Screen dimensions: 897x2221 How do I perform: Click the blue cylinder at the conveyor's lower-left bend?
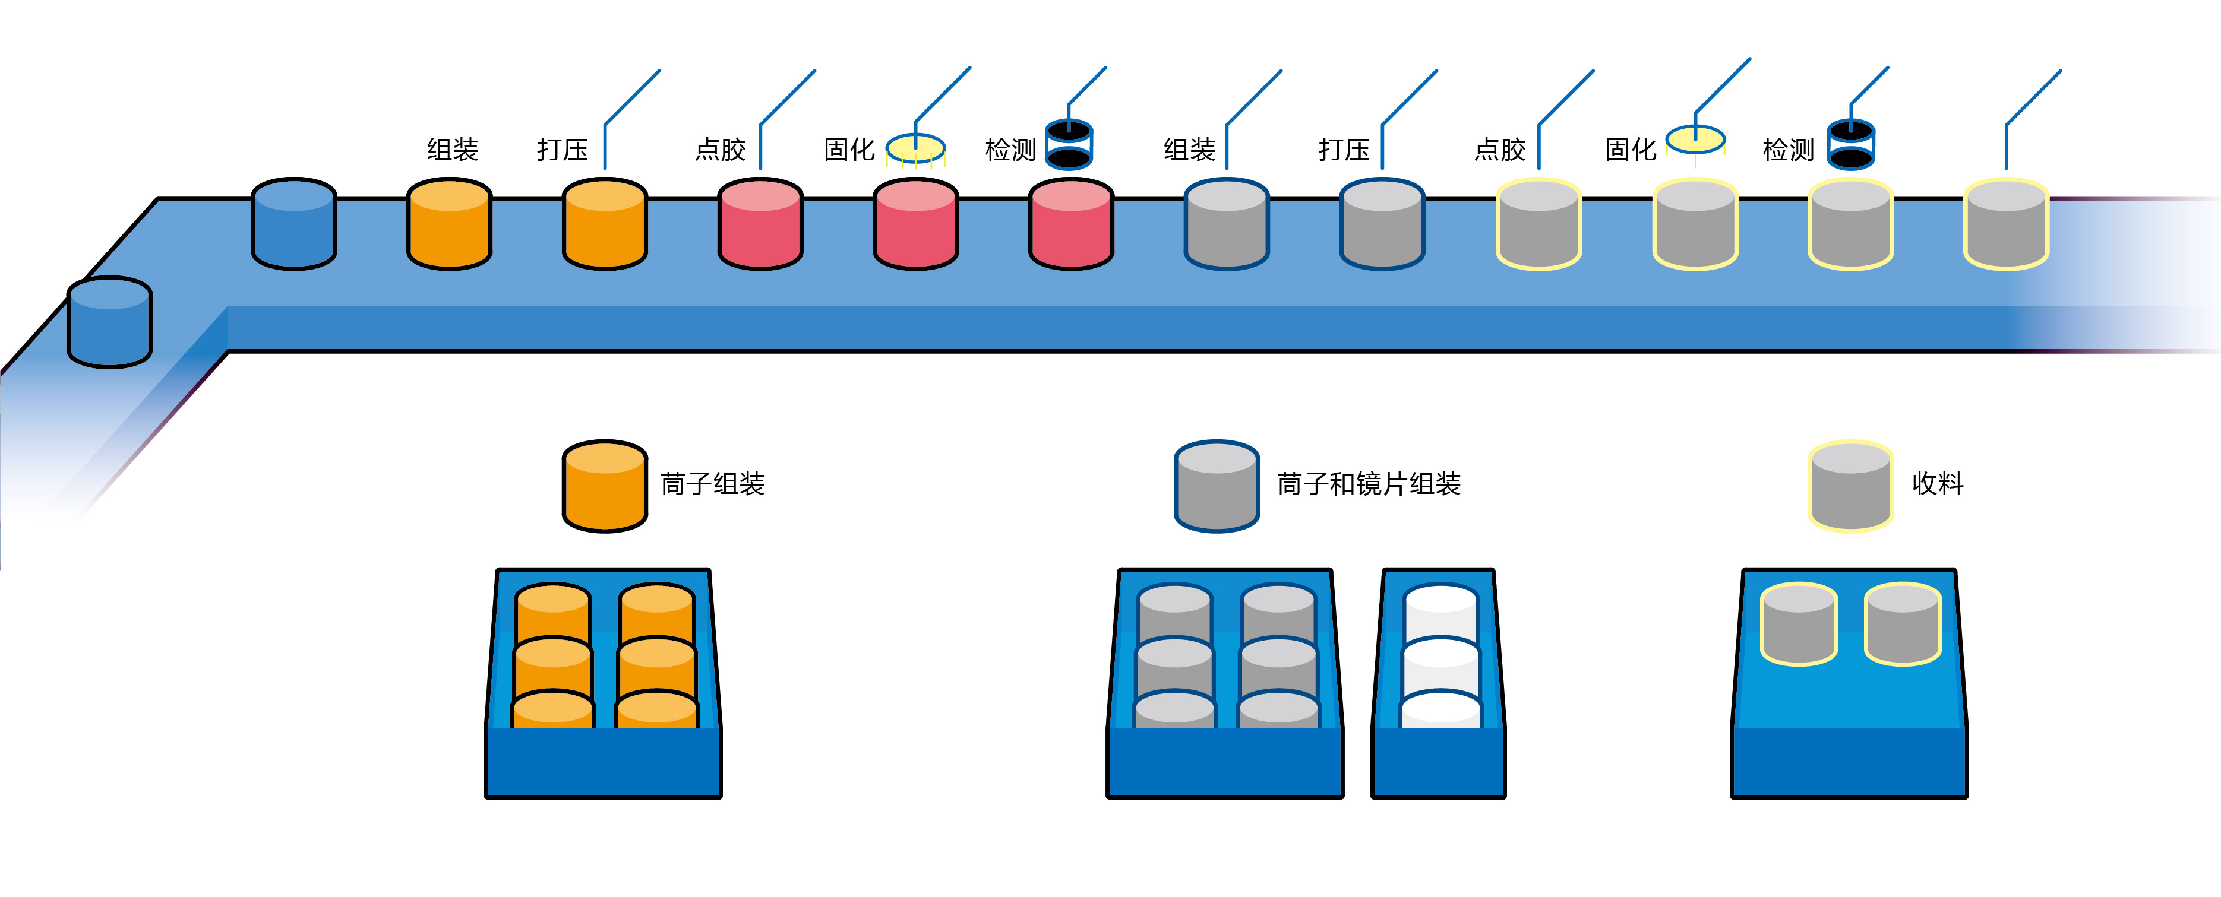click(109, 322)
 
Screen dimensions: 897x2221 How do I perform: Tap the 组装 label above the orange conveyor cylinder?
click(453, 150)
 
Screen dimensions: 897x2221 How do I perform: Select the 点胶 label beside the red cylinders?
click(720, 150)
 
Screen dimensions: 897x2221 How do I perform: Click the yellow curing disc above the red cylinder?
click(915, 147)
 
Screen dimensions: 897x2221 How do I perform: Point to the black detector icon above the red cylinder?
click(1069, 144)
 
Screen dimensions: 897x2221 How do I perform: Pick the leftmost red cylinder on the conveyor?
click(760, 224)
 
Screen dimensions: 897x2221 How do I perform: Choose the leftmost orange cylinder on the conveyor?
click(449, 224)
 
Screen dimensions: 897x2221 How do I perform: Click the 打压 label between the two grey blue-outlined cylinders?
click(1343, 150)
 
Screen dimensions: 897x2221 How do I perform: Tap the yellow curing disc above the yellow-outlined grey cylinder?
click(1695, 139)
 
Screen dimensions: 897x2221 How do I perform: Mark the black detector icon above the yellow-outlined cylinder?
click(1851, 144)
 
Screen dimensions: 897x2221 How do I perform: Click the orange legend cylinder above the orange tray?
click(604, 486)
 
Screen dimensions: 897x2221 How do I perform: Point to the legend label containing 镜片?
click(1368, 484)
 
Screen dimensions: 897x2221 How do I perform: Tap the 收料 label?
click(1937, 484)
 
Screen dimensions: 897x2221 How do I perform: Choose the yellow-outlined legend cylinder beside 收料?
click(1850, 486)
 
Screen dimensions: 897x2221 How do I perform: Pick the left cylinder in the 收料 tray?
click(1799, 624)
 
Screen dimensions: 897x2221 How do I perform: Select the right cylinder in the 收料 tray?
click(1902, 624)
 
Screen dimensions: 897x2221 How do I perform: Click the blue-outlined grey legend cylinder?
click(1217, 486)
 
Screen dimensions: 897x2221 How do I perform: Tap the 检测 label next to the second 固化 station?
click(1787, 150)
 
